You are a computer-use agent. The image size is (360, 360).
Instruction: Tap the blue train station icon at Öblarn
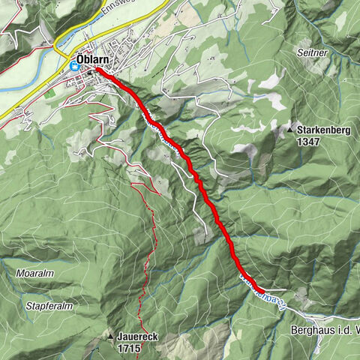pos(74,66)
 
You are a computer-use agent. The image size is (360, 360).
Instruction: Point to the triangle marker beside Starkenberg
pos(290,130)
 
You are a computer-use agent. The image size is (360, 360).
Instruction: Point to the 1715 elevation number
pos(128,349)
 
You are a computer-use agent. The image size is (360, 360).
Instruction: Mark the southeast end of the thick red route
pos(261,289)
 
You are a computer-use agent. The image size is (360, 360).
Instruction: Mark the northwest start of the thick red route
pos(97,70)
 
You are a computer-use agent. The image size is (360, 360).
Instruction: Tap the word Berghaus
pos(309,330)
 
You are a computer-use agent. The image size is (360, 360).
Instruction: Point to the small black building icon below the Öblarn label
pos(88,73)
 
